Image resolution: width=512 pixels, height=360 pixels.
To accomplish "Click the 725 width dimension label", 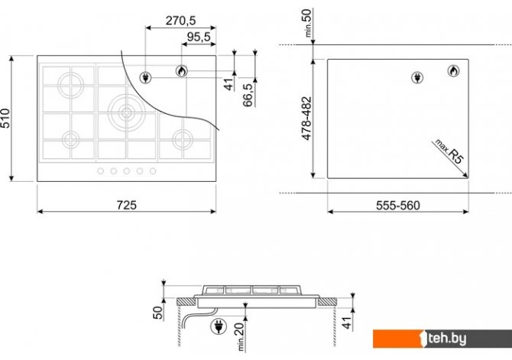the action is (127, 205).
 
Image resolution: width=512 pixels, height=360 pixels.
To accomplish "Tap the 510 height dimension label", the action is (5, 118).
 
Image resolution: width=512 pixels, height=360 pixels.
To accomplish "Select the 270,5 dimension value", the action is (180, 21).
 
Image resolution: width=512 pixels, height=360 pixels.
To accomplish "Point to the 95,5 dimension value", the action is (199, 37).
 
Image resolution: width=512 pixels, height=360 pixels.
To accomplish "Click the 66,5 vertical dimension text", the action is (248, 95).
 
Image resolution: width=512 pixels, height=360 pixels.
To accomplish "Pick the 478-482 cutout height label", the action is (306, 118).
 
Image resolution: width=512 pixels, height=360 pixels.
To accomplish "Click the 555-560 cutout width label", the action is (397, 206).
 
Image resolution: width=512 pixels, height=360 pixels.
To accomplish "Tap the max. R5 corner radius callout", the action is (449, 151).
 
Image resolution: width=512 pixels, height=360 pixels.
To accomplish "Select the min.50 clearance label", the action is (308, 23).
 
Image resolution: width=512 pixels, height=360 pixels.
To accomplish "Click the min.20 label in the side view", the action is (240, 336).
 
